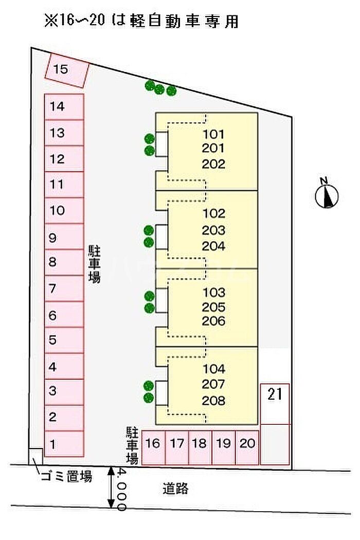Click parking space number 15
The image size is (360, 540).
67,70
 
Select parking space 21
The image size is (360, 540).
275,404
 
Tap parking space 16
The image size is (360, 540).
153,447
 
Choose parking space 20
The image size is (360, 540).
247,447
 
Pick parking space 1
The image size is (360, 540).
64,443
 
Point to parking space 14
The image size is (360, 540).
64,107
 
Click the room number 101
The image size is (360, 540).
213,134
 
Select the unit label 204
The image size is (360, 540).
213,246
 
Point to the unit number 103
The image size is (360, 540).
214,293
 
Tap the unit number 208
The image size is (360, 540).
213,400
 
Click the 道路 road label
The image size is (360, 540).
176,489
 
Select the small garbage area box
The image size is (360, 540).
36,457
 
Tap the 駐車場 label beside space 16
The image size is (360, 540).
132,446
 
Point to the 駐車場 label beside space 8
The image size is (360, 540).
94,264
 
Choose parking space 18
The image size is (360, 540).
200,447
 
